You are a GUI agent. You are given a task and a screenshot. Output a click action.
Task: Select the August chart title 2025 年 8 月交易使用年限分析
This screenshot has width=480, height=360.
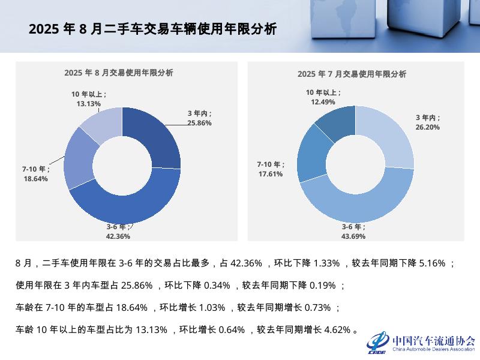tap(119, 73)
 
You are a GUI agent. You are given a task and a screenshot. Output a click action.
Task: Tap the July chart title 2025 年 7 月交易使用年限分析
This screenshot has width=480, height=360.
tap(352, 74)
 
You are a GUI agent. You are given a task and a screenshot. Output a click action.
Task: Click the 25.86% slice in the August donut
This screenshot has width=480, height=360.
tap(159, 138)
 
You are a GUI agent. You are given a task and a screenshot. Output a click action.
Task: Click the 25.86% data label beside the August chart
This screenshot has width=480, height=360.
tap(199, 123)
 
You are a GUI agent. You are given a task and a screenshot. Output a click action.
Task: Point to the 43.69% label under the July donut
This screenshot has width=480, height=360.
tap(353, 236)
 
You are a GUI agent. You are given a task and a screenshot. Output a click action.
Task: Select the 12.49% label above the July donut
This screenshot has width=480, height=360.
tap(323, 102)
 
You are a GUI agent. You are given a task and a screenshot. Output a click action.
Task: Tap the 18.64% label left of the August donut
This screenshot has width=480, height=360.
tap(35, 178)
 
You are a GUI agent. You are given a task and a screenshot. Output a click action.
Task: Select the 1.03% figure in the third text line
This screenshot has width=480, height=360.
tap(206, 308)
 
